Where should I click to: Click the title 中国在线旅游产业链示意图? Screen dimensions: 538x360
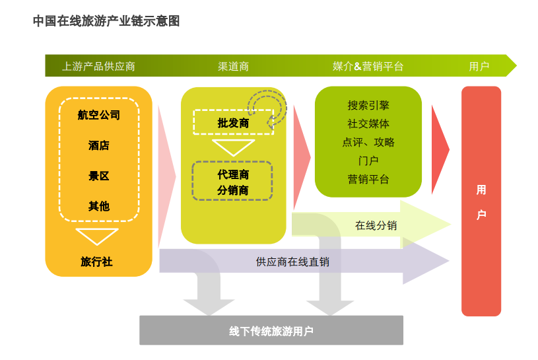pos(106,21)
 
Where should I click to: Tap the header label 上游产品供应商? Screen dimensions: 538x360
pos(99,66)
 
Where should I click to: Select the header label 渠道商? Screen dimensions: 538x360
pos(233,66)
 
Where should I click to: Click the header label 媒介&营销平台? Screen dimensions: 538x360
pos(368,66)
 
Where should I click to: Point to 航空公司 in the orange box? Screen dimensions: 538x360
pos(99,115)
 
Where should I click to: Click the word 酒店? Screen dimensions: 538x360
pos(99,145)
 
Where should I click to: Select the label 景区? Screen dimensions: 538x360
pos(99,176)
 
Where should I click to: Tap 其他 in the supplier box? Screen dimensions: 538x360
pos(99,206)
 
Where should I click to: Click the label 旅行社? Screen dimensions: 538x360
pos(96,262)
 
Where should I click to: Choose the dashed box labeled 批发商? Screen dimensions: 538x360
pos(233,122)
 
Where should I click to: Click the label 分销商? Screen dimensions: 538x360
pos(232,190)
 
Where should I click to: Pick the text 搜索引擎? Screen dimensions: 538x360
pos(368,105)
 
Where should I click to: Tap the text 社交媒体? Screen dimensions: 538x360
pos(368,124)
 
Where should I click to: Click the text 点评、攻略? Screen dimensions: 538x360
pos(368,142)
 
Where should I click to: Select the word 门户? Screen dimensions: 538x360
pos(368,161)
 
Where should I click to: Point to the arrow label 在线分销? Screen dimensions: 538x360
pos(376,225)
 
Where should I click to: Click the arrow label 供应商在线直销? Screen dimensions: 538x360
pos(292,262)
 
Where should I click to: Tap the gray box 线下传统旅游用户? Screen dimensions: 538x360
pos(271,330)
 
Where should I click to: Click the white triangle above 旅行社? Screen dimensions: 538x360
pos(97,236)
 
